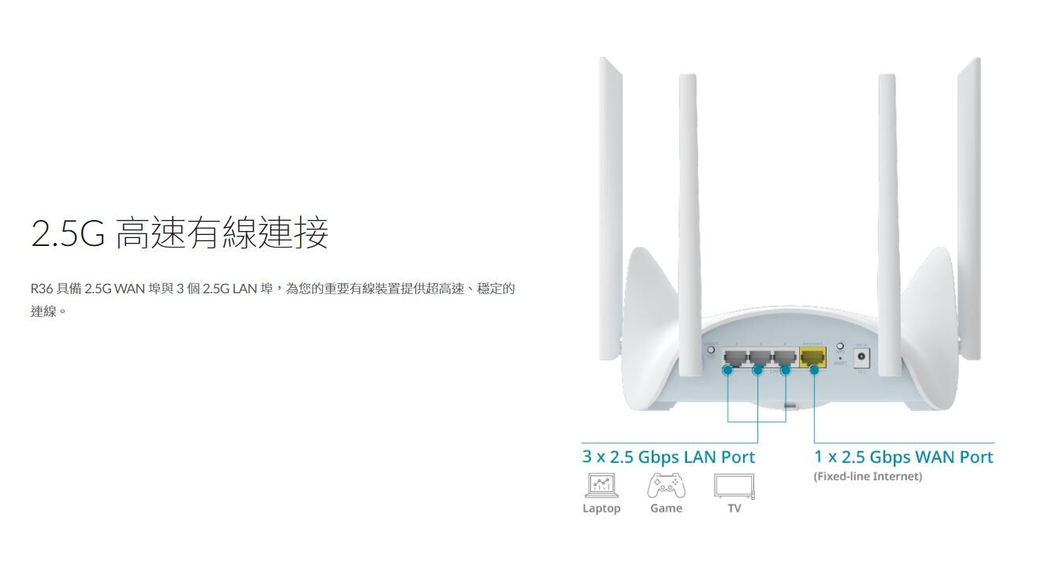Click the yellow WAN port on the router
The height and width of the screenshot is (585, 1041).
click(812, 358)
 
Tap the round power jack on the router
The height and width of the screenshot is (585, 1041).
click(861, 357)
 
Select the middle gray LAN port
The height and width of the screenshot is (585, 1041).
click(760, 359)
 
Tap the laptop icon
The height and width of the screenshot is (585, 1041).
click(601, 486)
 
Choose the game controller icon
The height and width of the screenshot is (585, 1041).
click(666, 486)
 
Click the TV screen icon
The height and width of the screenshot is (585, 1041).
click(734, 486)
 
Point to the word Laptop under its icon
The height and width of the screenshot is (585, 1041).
click(601, 509)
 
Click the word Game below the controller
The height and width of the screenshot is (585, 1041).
click(666, 509)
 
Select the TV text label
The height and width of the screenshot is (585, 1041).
click(734, 509)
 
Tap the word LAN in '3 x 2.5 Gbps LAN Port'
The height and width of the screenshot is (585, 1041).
click(699, 457)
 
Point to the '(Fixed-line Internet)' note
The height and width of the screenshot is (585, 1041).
click(867, 476)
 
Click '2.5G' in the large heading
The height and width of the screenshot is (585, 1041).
click(68, 233)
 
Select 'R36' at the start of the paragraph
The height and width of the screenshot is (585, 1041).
click(41, 289)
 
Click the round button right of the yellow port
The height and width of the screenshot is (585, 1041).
click(840, 346)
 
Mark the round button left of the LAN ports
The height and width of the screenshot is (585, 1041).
click(712, 349)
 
